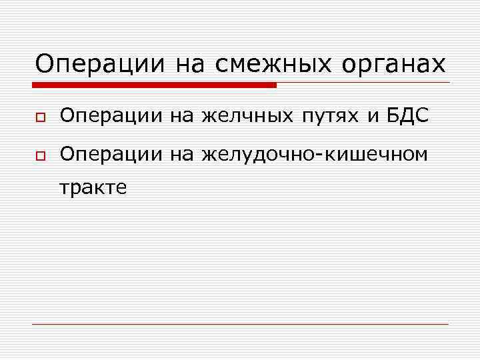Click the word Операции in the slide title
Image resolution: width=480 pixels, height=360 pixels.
tap(100, 65)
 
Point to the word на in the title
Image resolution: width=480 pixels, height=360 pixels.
tap(190, 65)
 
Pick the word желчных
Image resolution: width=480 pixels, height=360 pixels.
tap(247, 117)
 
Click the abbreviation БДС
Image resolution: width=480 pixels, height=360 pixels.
tap(407, 117)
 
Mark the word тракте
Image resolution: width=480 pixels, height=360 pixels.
tap(93, 188)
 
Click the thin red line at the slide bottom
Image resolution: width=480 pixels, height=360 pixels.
tap(240, 324)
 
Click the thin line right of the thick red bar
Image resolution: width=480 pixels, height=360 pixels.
tap(363, 83)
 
